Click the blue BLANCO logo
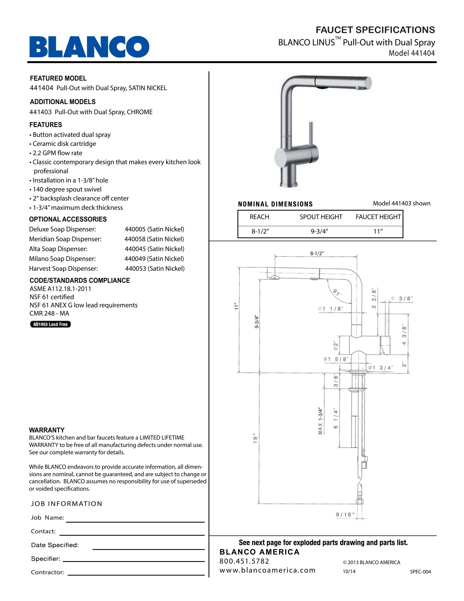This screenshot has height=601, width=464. (89, 47)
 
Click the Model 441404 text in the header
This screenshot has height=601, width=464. (412, 53)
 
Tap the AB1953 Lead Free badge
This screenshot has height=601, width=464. (50, 324)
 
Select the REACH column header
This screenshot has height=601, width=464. (259, 217)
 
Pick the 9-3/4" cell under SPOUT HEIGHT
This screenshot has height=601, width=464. (320, 232)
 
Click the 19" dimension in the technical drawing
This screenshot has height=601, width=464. (255, 439)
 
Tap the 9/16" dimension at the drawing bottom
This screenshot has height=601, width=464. (345, 515)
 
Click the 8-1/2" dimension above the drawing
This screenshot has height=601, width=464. (317, 254)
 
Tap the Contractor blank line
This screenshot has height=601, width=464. (136, 575)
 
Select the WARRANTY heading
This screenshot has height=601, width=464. (47, 430)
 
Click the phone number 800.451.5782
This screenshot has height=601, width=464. (244, 561)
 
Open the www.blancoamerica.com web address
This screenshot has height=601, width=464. (267, 570)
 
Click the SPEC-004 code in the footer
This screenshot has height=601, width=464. (420, 571)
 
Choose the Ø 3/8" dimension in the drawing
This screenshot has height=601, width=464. (401, 298)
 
